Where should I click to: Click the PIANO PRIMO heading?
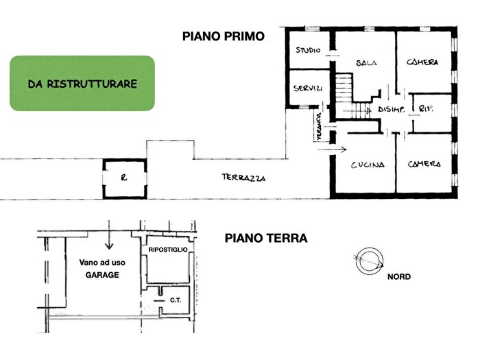(x=223, y=36)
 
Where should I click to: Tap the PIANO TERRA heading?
(x=265, y=239)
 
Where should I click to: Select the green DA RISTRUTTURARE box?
(x=82, y=84)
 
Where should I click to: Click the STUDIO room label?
(x=309, y=51)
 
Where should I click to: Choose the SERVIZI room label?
(x=308, y=89)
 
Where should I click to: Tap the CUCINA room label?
(x=368, y=165)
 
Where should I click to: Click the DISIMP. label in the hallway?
(x=390, y=110)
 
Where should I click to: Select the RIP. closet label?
(x=424, y=109)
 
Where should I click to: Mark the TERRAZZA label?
(x=243, y=178)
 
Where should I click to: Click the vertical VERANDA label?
(x=319, y=127)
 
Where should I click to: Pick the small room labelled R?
(x=124, y=178)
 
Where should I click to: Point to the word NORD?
(x=399, y=277)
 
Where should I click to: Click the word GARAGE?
(x=102, y=274)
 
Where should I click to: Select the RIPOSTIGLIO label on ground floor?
(x=167, y=250)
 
